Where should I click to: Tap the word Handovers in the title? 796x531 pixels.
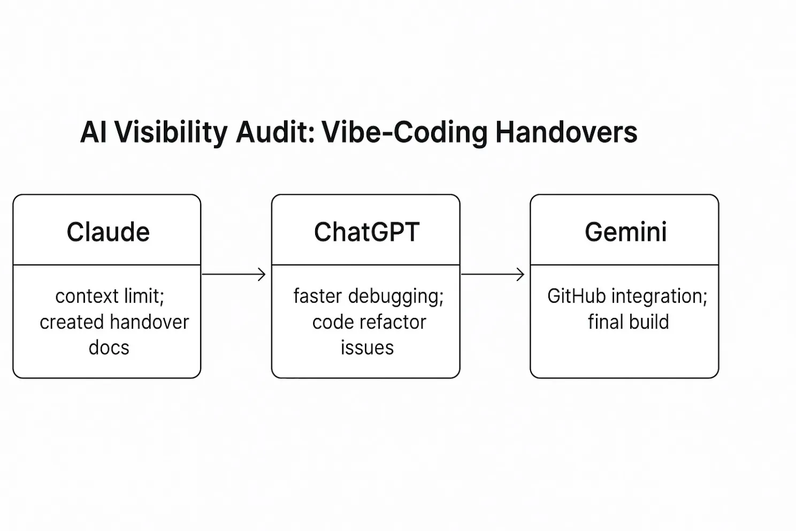point(566,132)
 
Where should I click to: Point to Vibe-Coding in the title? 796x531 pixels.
point(404,132)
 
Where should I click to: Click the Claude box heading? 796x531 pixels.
point(108,232)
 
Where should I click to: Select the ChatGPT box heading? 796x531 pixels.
point(366,232)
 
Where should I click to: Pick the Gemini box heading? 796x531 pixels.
point(625,232)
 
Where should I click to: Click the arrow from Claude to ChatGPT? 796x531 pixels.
point(234,274)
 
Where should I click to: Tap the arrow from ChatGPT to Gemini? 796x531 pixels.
point(493,274)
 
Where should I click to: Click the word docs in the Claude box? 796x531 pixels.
point(109,348)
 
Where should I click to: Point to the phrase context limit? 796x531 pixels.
point(110,296)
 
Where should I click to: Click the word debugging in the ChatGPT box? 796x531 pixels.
point(396,296)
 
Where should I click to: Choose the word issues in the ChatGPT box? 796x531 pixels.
point(367,348)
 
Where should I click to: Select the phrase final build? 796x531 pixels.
point(628,322)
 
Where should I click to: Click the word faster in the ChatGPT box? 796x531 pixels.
point(317,296)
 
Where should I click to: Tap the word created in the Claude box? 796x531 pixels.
point(64,322)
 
